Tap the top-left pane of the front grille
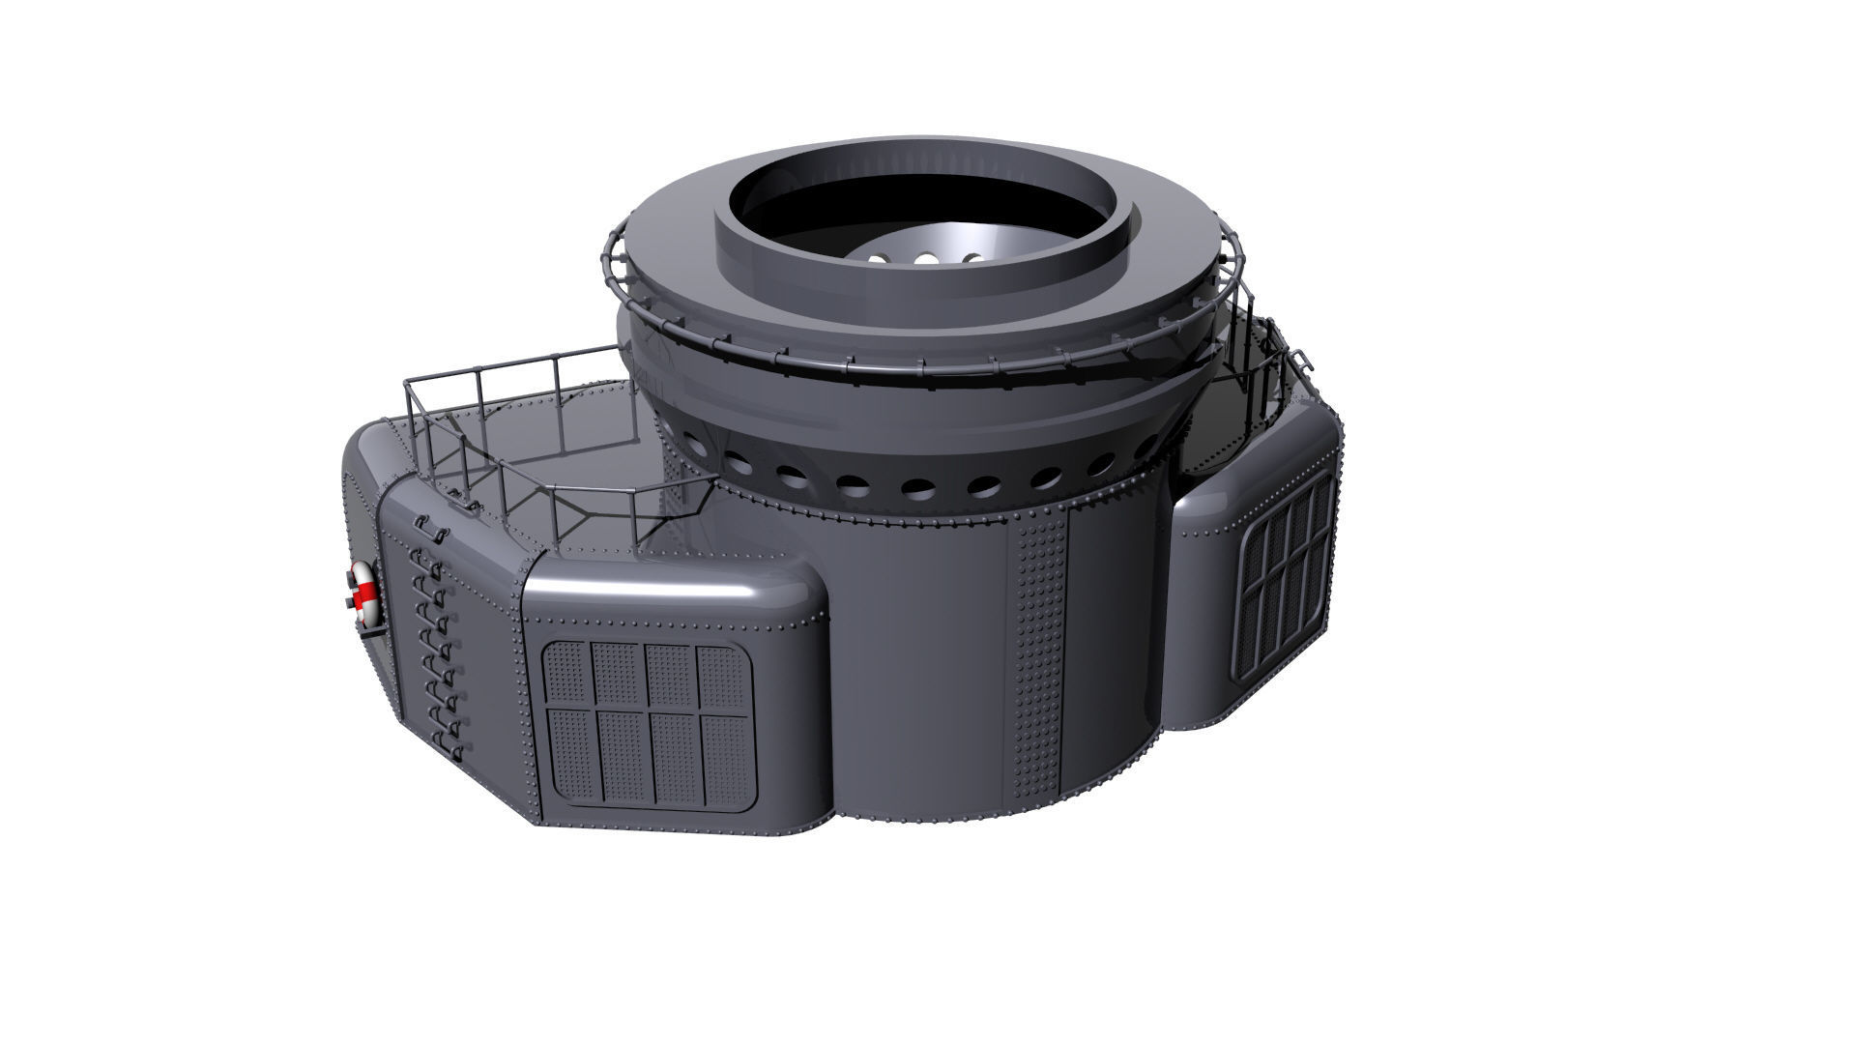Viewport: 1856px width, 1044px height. click(567, 675)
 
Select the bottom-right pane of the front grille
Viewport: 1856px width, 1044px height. click(725, 759)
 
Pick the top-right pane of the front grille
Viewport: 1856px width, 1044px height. click(723, 676)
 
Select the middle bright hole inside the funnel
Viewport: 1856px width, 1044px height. click(925, 259)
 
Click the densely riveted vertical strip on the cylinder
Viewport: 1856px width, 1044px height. click(1038, 657)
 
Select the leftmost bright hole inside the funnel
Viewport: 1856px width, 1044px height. click(878, 259)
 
